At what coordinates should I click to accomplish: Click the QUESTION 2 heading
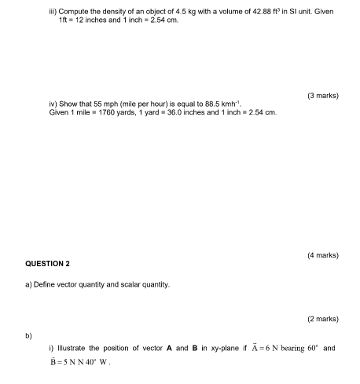coord(46,264)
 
